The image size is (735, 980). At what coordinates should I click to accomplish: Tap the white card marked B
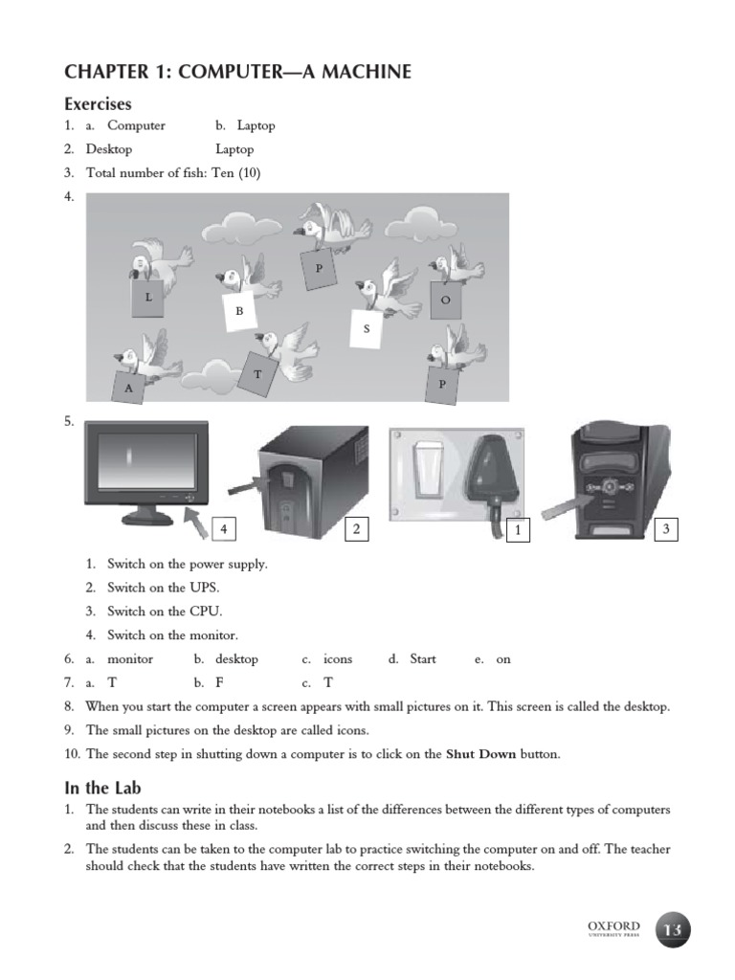pyautogui.click(x=240, y=312)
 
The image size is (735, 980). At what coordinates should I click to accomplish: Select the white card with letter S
pyautogui.click(x=367, y=328)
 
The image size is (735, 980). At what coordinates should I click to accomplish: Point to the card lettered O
pyautogui.click(x=445, y=299)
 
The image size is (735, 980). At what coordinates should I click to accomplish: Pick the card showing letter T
pyautogui.click(x=257, y=374)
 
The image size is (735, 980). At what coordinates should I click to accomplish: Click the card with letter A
pyautogui.click(x=128, y=388)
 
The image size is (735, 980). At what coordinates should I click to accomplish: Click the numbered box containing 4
pyautogui.click(x=223, y=528)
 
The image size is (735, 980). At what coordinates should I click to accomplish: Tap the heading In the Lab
pyautogui.click(x=102, y=788)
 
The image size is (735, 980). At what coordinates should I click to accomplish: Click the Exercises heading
pyautogui.click(x=98, y=103)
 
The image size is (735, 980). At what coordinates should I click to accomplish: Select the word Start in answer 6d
pyautogui.click(x=423, y=659)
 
